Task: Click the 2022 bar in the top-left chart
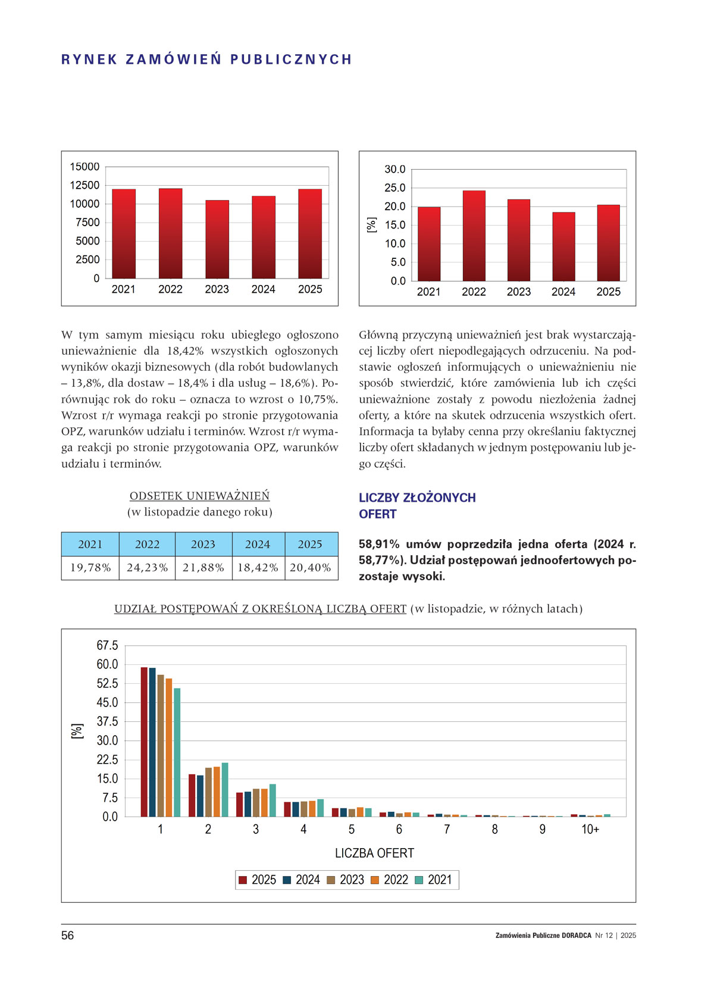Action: point(170,233)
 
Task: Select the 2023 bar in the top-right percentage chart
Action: point(518,240)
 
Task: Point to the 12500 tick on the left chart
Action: point(85,185)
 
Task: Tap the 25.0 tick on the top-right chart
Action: point(394,188)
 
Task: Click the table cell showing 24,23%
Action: point(147,568)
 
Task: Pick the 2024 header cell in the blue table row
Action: point(258,544)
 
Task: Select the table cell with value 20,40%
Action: point(310,568)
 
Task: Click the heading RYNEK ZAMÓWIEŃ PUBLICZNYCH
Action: point(206,60)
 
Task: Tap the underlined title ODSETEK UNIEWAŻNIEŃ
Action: point(199,496)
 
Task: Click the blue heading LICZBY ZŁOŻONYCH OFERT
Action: point(416,505)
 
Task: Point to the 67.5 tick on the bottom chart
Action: point(107,646)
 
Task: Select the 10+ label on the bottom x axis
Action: point(590,829)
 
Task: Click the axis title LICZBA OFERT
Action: point(374,853)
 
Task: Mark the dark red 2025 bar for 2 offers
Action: point(192,795)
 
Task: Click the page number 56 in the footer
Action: point(67,936)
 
